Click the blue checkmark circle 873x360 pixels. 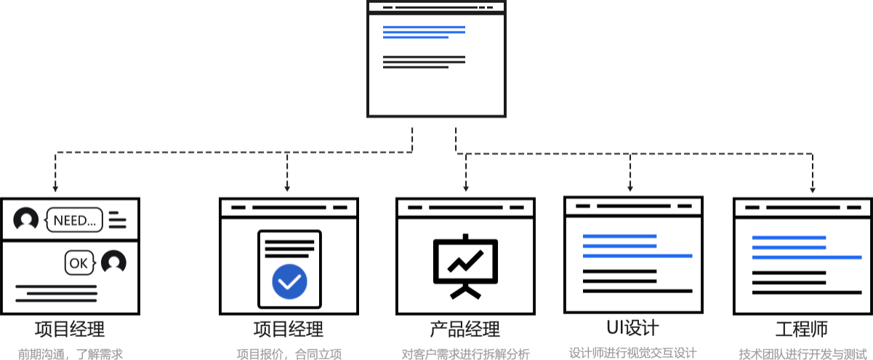tap(289, 281)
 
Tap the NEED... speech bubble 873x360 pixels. tap(75, 220)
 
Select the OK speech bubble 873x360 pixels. tap(79, 263)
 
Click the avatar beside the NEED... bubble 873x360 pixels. tap(26, 220)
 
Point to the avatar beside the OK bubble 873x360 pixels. tap(113, 263)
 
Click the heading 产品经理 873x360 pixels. tap(465, 329)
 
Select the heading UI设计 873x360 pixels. tap(632, 327)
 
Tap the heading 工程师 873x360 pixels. tap(801, 329)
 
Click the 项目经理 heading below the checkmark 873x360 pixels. tap(289, 329)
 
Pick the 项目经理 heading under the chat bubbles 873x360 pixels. tap(70, 329)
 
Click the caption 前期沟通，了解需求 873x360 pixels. tap(70, 354)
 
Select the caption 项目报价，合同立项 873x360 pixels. tap(289, 354)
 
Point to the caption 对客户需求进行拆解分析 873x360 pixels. tap(465, 354)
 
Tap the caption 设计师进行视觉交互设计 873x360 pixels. tap(632, 353)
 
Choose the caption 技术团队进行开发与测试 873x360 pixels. tap(802, 354)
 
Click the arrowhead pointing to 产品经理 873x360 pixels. tap(466, 188)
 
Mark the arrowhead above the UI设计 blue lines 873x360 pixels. tap(630, 188)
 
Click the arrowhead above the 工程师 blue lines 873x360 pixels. tap(813, 189)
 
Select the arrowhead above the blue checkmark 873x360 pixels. tap(287, 188)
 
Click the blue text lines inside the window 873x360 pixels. tap(424, 32)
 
